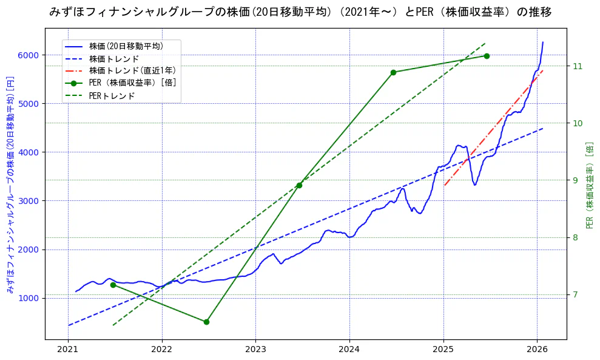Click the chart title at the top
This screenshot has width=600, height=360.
click(x=300, y=12)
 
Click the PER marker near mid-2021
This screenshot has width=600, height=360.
click(x=113, y=285)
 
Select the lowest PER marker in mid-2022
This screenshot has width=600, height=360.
click(x=206, y=322)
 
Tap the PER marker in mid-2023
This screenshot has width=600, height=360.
click(x=299, y=185)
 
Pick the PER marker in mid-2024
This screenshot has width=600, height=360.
click(x=393, y=72)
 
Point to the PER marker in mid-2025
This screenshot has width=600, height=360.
click(x=487, y=56)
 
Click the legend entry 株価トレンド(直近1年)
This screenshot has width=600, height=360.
click(x=125, y=70)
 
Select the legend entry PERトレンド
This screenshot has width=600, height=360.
click(x=112, y=96)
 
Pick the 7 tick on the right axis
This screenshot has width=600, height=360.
click(x=574, y=294)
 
